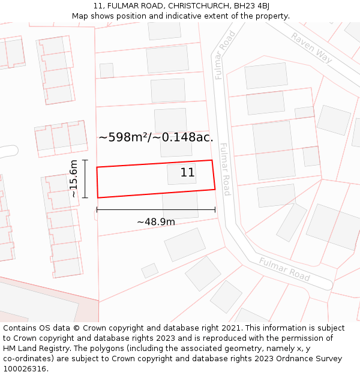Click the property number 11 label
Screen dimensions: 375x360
[188, 173]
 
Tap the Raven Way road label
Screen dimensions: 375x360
[311, 47]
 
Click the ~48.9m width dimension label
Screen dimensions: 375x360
[156, 222]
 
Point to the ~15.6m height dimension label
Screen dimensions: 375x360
[73, 179]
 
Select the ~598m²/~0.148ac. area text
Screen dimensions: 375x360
[156, 137]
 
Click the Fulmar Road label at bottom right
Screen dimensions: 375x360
[284, 269]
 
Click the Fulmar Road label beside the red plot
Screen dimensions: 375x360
[224, 169]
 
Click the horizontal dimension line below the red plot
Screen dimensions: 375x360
[156, 210]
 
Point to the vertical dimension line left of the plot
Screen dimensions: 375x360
[85, 179]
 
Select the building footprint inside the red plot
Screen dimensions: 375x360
[181, 174]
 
